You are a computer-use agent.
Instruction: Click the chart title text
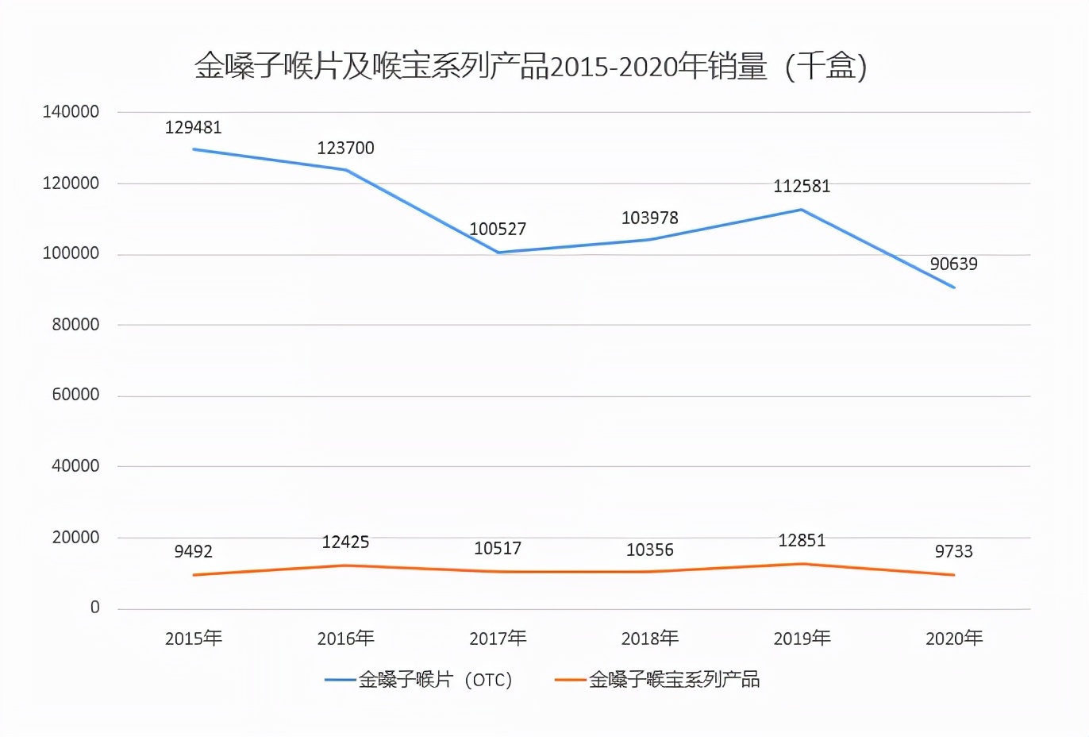tap(530, 67)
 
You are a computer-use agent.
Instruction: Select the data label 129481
tap(193, 128)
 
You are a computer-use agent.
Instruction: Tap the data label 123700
tap(345, 149)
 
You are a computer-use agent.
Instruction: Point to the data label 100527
tap(498, 230)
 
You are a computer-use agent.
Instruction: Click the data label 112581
tap(802, 187)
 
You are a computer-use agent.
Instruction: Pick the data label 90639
tap(953, 264)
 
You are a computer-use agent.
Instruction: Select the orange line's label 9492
tap(193, 552)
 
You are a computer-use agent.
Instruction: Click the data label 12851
tap(802, 541)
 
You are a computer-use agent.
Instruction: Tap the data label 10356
tap(649, 550)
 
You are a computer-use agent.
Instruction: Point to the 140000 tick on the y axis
tap(71, 112)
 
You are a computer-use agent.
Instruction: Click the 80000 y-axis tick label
tap(75, 325)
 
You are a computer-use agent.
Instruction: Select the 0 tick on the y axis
tap(94, 608)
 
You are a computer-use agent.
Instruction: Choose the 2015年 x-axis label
tap(193, 639)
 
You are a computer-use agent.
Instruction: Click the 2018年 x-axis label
tap(649, 639)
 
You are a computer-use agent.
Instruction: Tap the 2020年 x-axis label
tap(953, 639)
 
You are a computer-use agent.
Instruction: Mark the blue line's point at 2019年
tap(802, 210)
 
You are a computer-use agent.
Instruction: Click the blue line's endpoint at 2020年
tap(953, 287)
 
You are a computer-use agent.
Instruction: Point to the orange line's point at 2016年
tap(345, 565)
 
